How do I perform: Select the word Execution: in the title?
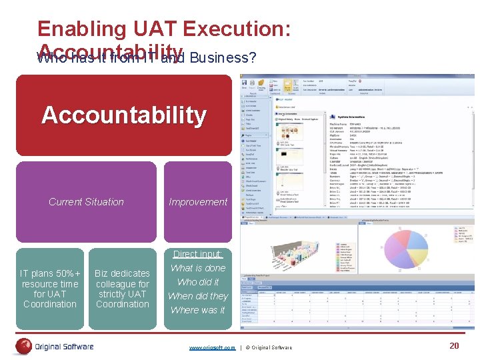[237, 29]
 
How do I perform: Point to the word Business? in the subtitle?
[223, 58]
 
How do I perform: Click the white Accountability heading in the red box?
[124, 115]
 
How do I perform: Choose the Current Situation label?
[86, 202]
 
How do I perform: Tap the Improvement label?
[198, 202]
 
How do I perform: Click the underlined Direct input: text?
[198, 254]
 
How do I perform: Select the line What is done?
[198, 268]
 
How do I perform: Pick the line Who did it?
[198, 282]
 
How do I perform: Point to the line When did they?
[198, 296]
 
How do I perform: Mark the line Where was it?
[198, 310]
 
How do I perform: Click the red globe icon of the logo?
[25, 346]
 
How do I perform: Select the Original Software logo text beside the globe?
[64, 346]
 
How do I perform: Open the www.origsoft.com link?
[212, 347]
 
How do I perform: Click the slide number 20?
[454, 345]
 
